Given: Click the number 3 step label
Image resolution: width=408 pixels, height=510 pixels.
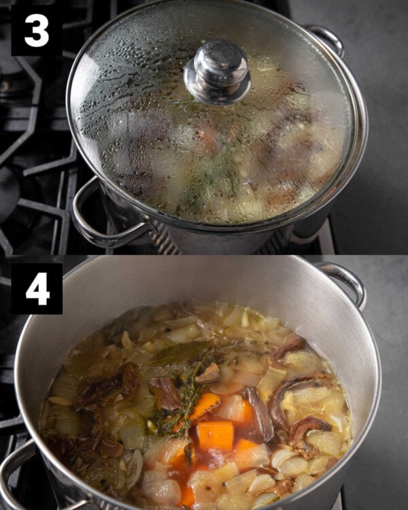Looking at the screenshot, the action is point(37,30).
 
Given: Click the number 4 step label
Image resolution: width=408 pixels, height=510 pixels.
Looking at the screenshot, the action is point(37,288).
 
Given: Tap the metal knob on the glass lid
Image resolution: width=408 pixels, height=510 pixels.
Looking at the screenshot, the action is point(218,72).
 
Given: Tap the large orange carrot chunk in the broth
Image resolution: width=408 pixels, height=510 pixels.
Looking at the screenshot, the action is point(216,436).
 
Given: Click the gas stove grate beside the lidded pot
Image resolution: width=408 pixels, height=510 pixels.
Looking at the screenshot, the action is point(36,137).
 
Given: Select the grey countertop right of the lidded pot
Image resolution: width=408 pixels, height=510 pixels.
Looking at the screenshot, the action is point(377,130).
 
